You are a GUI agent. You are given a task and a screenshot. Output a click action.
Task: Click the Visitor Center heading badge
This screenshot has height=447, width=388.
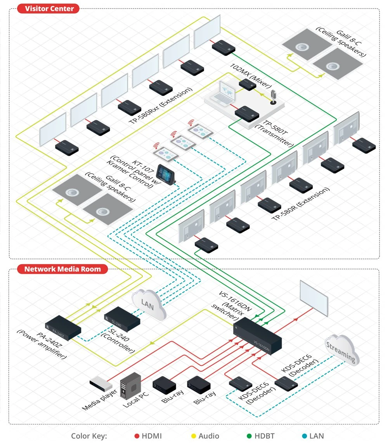tap(48, 9)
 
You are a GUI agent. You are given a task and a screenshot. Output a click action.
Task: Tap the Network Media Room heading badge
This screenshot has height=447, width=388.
tap(62, 269)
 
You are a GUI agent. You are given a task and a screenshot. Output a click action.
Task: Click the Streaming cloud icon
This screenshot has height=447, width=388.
tap(341, 350)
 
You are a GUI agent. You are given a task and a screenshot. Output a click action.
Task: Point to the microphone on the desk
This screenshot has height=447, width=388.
tap(273, 97)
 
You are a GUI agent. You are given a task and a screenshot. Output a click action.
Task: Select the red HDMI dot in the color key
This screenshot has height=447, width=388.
tap(137, 436)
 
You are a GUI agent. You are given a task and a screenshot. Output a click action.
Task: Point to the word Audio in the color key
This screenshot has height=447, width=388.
tap(209, 436)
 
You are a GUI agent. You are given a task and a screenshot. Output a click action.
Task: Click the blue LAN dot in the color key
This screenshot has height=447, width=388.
tap(305, 436)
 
